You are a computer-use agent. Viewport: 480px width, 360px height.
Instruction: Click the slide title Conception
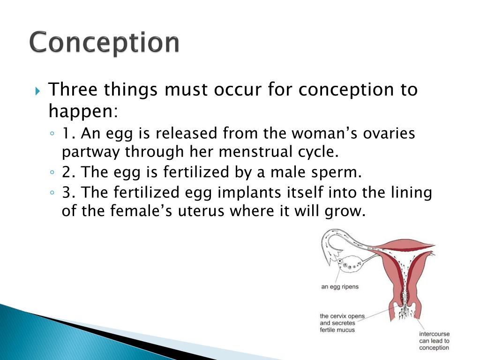click(105, 43)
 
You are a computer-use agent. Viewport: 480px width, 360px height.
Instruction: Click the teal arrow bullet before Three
click(37, 91)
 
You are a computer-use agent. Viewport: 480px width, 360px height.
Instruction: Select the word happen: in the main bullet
click(83, 111)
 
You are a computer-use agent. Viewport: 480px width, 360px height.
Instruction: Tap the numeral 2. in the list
click(69, 172)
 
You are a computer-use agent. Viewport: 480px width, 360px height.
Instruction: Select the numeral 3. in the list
click(69, 193)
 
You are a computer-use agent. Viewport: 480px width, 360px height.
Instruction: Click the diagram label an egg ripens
click(340, 287)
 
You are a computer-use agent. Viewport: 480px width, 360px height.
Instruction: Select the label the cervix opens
click(342, 316)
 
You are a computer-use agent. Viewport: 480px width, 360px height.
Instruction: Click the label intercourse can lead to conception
click(435, 341)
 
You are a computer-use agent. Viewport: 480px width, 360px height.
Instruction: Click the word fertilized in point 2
click(196, 172)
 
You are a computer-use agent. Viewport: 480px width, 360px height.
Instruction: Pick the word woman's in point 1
click(324, 134)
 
